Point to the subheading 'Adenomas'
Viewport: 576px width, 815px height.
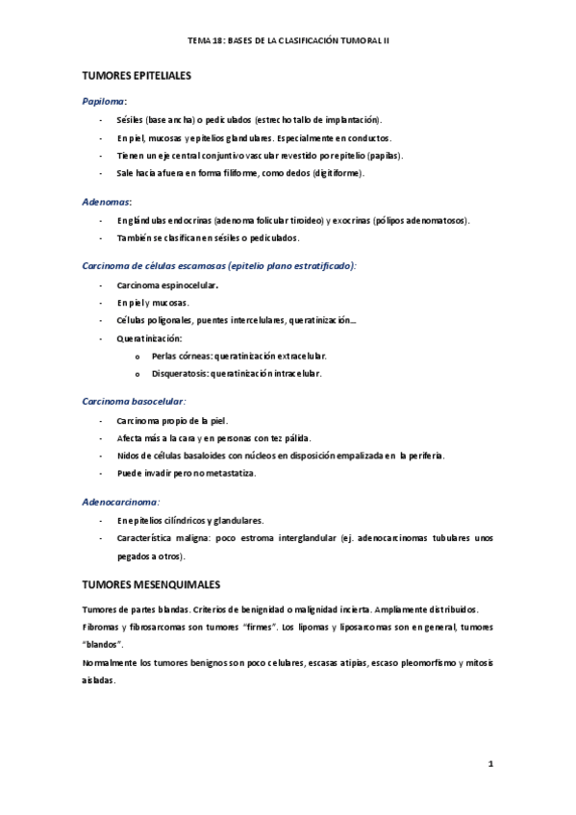coord(107,202)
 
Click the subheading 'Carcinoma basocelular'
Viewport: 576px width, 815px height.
coord(134,401)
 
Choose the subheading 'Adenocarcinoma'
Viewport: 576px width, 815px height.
coord(120,501)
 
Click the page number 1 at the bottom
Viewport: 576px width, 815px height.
coord(489,764)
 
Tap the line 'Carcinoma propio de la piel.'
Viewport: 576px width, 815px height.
coord(172,420)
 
